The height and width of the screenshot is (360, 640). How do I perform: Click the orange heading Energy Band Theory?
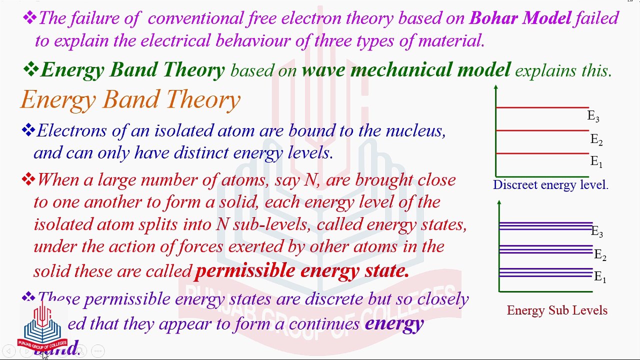(130, 99)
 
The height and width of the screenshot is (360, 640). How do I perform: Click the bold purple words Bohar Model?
(520, 18)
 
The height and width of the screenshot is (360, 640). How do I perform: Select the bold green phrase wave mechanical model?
(406, 70)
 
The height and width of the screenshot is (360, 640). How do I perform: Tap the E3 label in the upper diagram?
(593, 116)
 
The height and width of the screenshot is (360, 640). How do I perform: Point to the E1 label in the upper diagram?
(596, 161)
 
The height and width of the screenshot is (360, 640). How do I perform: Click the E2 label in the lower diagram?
(599, 255)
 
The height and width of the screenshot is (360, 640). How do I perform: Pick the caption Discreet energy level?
(550, 185)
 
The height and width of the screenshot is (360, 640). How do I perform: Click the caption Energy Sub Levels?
(557, 310)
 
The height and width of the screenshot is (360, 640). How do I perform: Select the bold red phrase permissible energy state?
(302, 270)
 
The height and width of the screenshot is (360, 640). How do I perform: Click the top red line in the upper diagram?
(542, 107)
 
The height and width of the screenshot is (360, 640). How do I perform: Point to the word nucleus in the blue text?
(414, 131)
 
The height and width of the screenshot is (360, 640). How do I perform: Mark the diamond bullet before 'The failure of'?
(29, 18)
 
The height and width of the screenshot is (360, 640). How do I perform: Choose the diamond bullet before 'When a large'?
(28, 179)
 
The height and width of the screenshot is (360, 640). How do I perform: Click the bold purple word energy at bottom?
(394, 323)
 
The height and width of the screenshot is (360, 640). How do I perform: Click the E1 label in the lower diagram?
(599, 277)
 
